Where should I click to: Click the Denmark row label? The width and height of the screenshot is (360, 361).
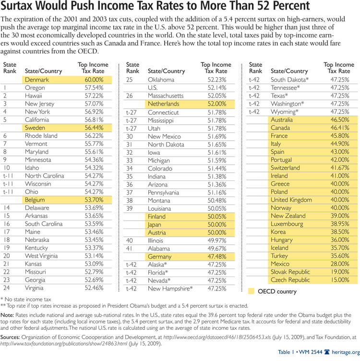(x=37, y=80)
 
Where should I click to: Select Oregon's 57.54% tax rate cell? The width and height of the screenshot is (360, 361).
(x=94, y=88)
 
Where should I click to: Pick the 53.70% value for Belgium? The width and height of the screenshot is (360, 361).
(x=94, y=200)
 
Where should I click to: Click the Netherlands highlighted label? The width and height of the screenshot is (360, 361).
(x=163, y=104)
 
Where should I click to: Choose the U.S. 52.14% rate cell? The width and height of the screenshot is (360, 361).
(x=216, y=88)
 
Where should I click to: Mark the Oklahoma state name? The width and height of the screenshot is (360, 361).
(x=161, y=80)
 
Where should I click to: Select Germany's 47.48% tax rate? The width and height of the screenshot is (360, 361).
(x=216, y=256)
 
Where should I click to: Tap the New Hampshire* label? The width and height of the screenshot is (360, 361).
(x=170, y=288)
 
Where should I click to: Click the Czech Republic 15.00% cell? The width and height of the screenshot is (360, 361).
(x=339, y=280)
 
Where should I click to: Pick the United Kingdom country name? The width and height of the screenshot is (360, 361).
(x=291, y=200)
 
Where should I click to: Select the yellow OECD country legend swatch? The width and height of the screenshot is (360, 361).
(x=252, y=291)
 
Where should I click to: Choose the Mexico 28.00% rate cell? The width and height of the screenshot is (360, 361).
(x=339, y=264)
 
